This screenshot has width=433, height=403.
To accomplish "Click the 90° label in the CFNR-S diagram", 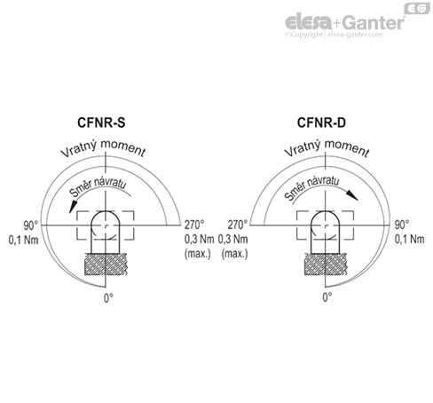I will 20,225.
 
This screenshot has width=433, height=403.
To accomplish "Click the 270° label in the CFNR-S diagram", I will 194,225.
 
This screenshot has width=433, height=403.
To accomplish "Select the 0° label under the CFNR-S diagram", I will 108,299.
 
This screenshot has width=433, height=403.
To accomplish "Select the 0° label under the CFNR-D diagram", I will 327,299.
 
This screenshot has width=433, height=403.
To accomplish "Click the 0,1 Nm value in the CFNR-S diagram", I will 23,240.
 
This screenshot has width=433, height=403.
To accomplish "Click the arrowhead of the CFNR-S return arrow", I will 71,209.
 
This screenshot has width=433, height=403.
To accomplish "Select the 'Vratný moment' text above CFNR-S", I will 104,151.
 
